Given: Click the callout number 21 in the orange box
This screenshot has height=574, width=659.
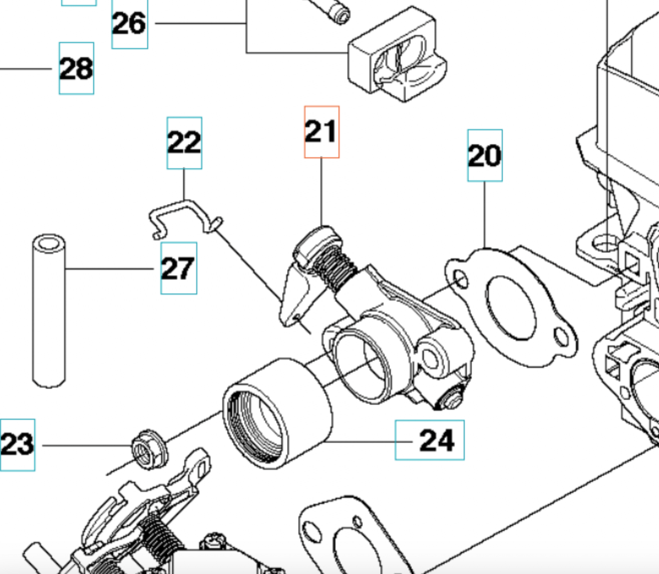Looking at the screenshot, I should coord(321,132).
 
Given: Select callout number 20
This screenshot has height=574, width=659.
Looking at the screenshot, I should coord(485,155).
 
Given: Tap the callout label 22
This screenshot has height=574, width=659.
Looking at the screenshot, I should coord(184,143).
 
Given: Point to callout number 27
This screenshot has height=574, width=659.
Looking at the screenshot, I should coord(178,268).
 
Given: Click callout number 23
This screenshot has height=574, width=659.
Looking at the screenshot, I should coord(18,444).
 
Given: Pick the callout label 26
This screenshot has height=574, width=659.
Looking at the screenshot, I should coord(129,24).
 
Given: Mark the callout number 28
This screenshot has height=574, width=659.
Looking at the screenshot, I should coord(76,68).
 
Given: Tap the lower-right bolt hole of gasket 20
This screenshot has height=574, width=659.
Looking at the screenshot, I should coord(562,338).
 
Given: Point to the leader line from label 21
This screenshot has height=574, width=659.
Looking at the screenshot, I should coord(321,190).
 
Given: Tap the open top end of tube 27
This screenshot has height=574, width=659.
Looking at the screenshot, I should coord(49,244).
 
